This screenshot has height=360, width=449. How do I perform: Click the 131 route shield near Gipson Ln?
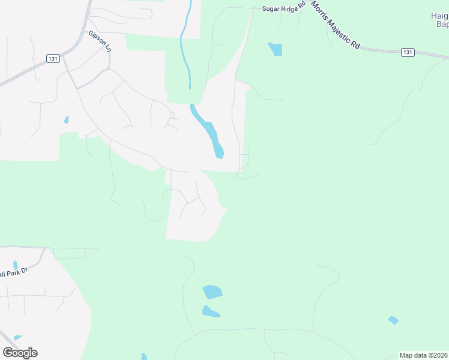tap(53, 58)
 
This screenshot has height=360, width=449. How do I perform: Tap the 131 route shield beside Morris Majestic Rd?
tap(408, 53)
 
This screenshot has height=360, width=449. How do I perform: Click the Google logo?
tap(20, 352)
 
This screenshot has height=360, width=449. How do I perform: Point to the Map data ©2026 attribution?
tap(423, 355)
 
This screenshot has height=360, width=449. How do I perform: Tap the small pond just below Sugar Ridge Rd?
tap(276, 49)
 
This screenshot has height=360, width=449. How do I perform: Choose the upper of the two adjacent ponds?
tap(212, 292)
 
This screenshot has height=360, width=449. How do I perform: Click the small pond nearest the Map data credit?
tap(393, 320)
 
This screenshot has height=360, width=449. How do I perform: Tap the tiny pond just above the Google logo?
tap(17, 338)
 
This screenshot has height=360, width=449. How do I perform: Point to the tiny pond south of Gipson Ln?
tap(66, 120)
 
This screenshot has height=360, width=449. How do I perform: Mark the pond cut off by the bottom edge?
tap(144, 357)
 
